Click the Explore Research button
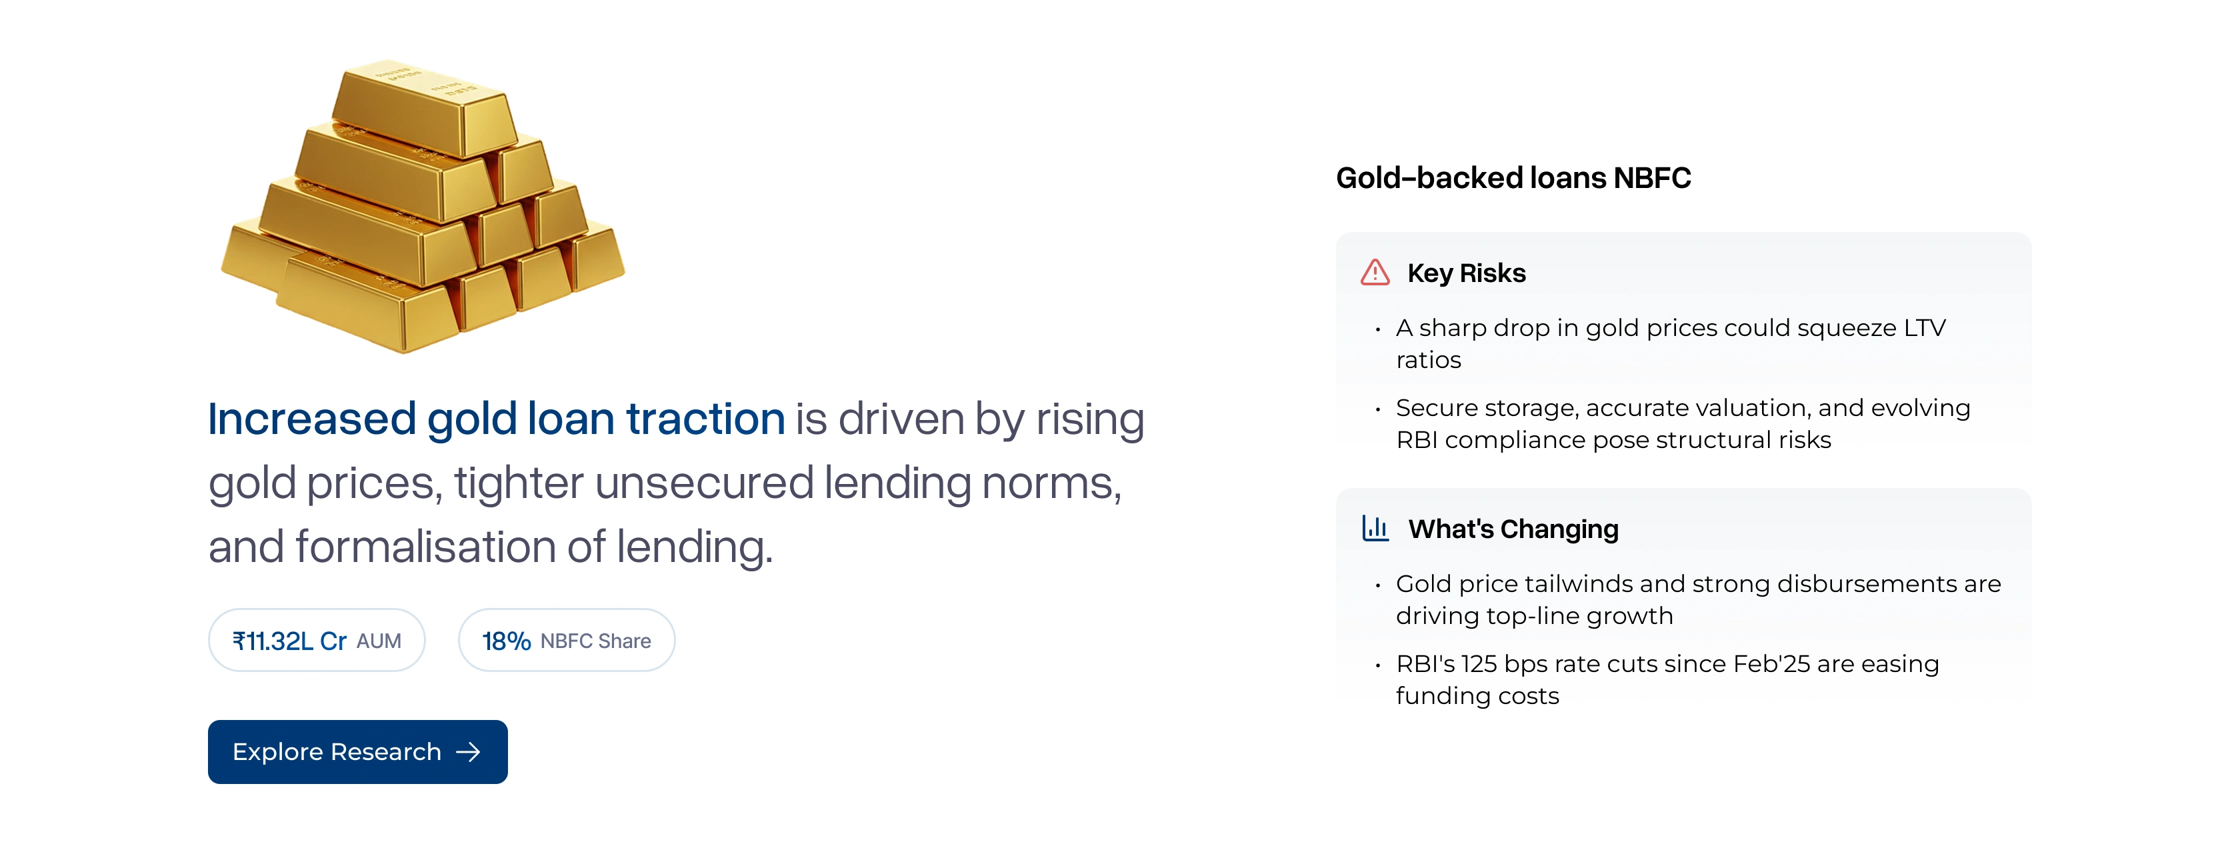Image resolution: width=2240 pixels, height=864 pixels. click(357, 751)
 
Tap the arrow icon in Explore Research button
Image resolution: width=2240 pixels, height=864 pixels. click(469, 752)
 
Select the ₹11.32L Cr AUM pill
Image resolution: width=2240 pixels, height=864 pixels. click(317, 641)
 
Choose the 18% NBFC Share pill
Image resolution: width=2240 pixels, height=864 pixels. click(566, 641)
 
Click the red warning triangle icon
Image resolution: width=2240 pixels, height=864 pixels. click(1375, 273)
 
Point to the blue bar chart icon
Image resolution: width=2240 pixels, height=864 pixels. click(1375, 529)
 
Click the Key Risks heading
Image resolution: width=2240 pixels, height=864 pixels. click(1466, 273)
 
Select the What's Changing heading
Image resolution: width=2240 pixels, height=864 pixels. click(1513, 529)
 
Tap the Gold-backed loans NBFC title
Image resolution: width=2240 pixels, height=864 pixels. click(1513, 178)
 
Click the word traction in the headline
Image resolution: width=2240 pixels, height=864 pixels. click(705, 419)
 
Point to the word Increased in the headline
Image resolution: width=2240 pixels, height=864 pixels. click(312, 419)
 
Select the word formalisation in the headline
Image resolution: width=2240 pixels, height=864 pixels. click(425, 547)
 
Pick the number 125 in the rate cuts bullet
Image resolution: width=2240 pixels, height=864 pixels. click(1478, 664)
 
